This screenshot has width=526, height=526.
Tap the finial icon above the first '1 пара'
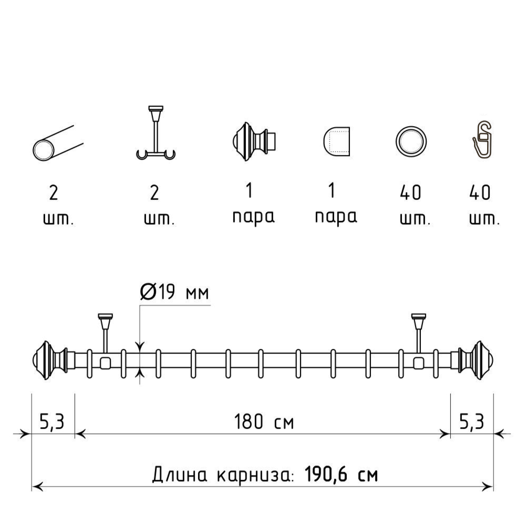point(254,141)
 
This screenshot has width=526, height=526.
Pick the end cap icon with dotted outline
point(336,141)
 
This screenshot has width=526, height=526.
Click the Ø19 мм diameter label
point(174,291)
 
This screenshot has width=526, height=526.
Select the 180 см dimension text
point(264,421)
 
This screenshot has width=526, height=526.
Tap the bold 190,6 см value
point(342,475)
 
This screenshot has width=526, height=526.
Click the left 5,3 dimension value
point(52,421)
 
